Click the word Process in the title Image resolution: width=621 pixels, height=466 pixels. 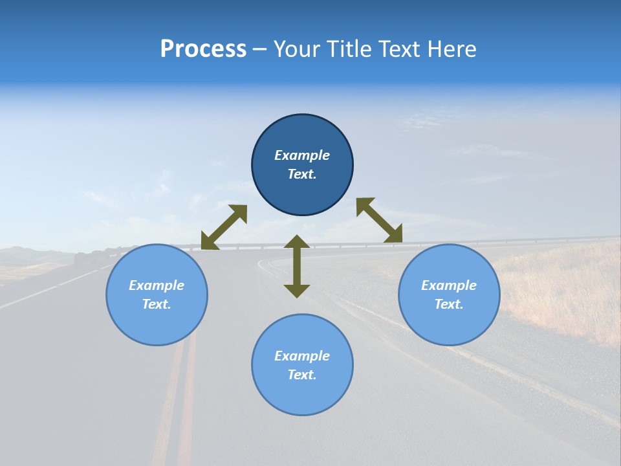tap(203, 49)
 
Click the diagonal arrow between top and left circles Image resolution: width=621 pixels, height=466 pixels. tap(224, 227)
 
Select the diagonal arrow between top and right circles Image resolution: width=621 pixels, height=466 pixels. tap(379, 221)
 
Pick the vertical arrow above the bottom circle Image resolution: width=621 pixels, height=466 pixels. tap(297, 266)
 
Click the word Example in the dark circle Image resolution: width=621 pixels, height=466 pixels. tap(302, 155)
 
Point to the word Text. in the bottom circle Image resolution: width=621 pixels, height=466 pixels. tap(302, 375)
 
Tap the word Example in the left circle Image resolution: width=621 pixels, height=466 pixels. tap(157, 285)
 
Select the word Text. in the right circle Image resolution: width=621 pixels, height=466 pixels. tap(449, 304)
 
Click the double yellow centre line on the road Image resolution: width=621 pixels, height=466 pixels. tap(178, 401)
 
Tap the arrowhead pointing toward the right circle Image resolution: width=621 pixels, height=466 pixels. tap(393, 234)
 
